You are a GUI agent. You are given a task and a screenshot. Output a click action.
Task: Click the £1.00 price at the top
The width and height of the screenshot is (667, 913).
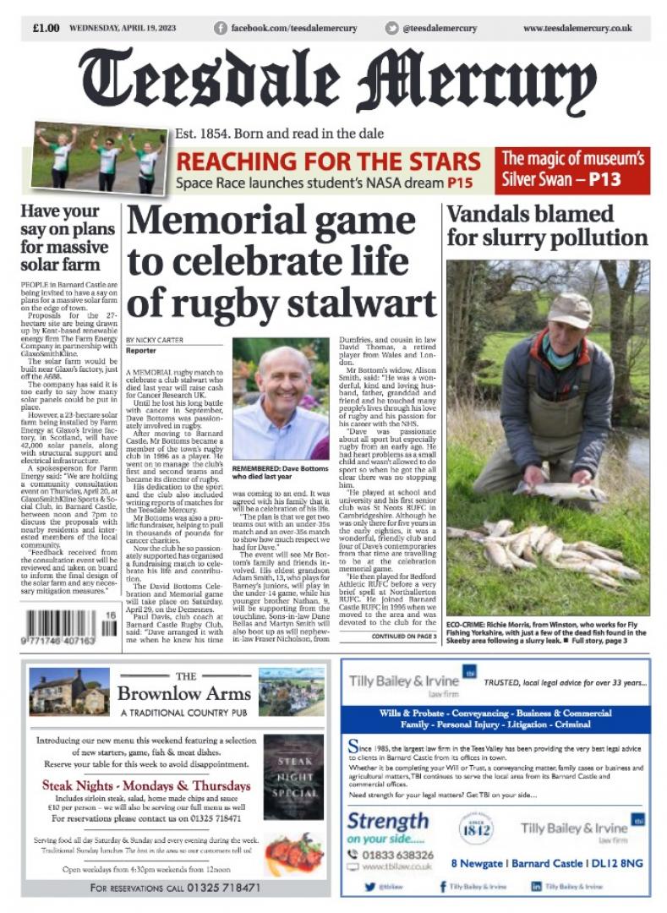click(x=46, y=28)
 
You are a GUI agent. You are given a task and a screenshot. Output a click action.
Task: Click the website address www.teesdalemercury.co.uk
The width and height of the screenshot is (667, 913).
click(x=577, y=28)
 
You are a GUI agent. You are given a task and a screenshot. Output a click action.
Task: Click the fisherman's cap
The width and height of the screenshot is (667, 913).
click(x=569, y=310)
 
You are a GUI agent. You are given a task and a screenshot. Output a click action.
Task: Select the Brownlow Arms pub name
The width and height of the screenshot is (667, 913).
click(x=184, y=694)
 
